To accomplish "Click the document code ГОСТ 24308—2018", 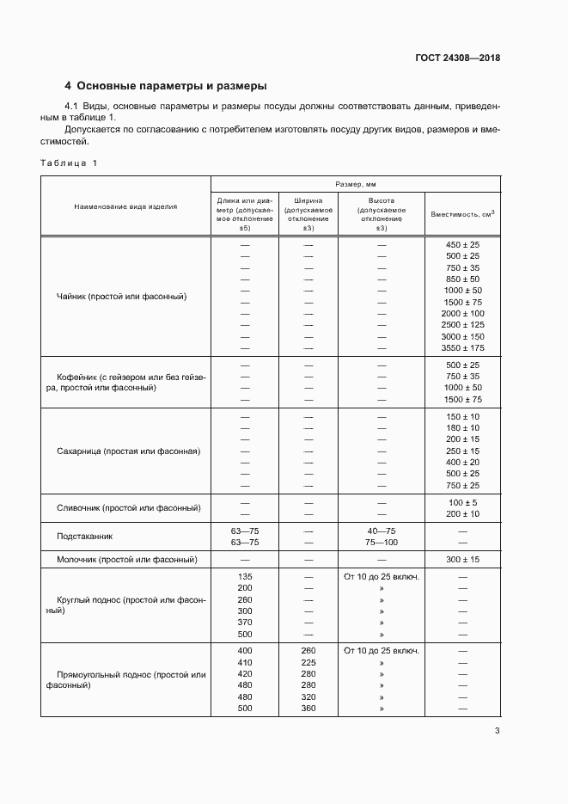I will pyautogui.click(x=456, y=58).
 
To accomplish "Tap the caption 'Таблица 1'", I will pyautogui.click(x=70, y=163).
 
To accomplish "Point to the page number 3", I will pyautogui.click(x=497, y=732).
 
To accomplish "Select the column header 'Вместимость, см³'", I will pyautogui.click(x=462, y=212).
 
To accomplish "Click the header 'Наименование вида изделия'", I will pyautogui.click(x=125, y=207).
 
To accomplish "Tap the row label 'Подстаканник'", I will pyautogui.click(x=85, y=537).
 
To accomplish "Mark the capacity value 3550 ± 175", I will pyautogui.click(x=462, y=348).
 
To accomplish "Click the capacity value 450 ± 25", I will pyautogui.click(x=462, y=245).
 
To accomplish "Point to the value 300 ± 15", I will pyautogui.click(x=462, y=559).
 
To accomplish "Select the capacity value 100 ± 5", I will pyautogui.click(x=462, y=502).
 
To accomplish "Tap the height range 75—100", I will pyautogui.click(x=382, y=543).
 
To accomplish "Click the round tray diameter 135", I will pyautogui.click(x=245, y=577).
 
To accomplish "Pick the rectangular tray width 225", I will pyautogui.click(x=308, y=663).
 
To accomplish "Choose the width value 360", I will pyautogui.click(x=308, y=709).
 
